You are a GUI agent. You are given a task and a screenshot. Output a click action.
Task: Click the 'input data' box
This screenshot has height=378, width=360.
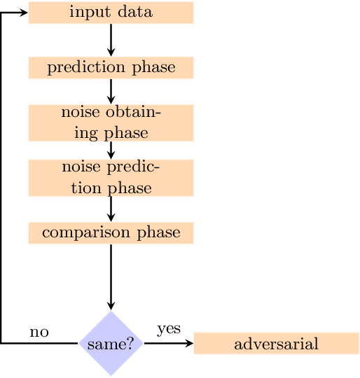click(x=111, y=13)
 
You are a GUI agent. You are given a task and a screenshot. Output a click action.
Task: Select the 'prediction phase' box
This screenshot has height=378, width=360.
click(x=111, y=68)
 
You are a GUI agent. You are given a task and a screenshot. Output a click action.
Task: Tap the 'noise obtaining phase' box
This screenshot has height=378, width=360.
click(x=111, y=122)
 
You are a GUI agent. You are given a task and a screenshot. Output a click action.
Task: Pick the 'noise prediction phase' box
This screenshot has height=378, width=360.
click(x=111, y=178)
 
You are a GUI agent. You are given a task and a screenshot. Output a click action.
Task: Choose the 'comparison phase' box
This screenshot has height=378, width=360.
click(x=111, y=232)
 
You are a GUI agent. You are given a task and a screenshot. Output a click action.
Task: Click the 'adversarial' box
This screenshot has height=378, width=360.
click(x=276, y=344)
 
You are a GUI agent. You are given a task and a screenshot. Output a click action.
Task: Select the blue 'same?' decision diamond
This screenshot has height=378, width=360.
click(x=111, y=344)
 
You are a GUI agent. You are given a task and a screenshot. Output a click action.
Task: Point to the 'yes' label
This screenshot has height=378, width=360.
click(x=169, y=328)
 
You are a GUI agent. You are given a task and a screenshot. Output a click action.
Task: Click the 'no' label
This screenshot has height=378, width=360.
click(x=39, y=332)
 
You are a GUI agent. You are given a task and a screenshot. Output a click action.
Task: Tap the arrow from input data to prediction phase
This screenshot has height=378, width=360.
click(x=111, y=40)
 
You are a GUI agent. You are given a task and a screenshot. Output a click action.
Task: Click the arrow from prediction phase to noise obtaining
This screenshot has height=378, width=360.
click(x=111, y=92)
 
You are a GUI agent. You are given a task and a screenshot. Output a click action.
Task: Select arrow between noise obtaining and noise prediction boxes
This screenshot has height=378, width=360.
click(x=111, y=150)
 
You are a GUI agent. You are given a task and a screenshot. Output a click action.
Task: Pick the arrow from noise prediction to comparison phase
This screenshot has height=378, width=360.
click(x=111, y=209)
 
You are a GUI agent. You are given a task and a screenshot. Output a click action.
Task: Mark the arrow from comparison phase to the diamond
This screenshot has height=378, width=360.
click(x=111, y=276)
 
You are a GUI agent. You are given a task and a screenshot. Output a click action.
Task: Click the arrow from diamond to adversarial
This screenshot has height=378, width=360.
click(x=168, y=344)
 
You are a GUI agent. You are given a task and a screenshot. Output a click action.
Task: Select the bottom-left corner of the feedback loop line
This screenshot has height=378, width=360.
click(x=1, y=344)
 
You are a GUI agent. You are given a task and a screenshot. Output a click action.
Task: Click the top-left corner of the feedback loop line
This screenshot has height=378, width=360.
click(x=1, y=13)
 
